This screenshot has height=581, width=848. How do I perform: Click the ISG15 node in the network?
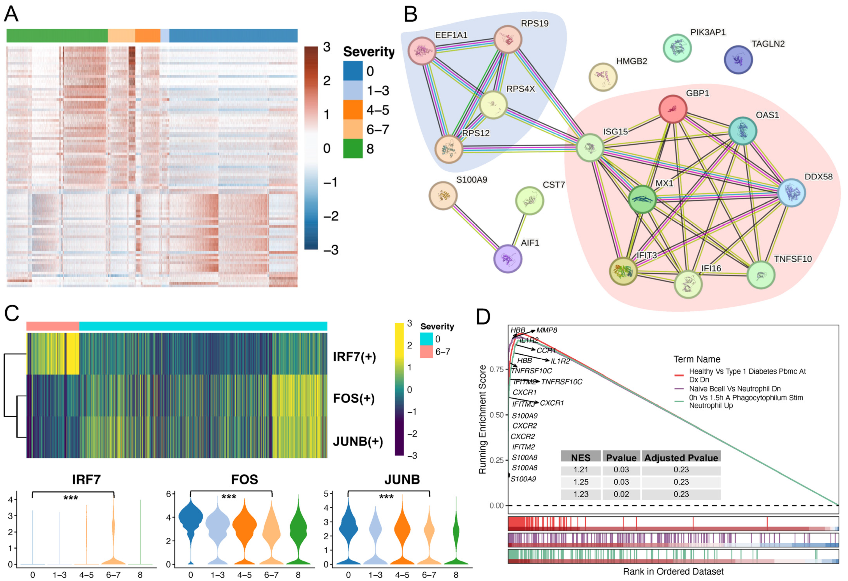click(590, 147)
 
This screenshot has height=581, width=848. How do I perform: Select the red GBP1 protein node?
click(673, 109)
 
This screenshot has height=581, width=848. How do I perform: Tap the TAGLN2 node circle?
click(738, 60)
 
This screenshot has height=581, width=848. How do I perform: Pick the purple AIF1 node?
click(507, 258)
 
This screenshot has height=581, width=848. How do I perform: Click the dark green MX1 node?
click(642, 199)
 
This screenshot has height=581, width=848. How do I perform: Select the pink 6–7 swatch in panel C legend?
click(426, 352)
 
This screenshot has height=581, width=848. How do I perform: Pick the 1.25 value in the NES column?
click(581, 482)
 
